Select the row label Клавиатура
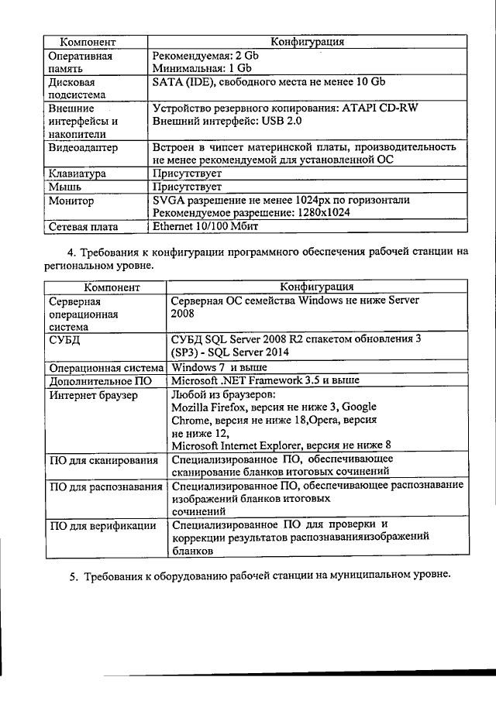77,174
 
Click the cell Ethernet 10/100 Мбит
205,227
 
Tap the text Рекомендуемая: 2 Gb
205,56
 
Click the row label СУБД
64,339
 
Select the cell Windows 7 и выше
219,366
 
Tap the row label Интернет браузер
93,394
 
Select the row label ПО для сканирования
104,460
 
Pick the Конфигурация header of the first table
306,41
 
